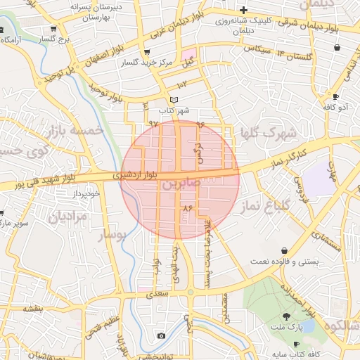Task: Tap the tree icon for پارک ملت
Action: (x=287, y=315)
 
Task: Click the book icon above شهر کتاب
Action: (x=174, y=99)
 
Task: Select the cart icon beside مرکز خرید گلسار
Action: (x=146, y=52)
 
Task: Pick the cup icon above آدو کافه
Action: (x=335, y=96)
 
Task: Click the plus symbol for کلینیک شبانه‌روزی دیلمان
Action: (x=243, y=10)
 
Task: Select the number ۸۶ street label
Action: (x=187, y=209)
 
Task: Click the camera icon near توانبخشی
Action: (x=161, y=336)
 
